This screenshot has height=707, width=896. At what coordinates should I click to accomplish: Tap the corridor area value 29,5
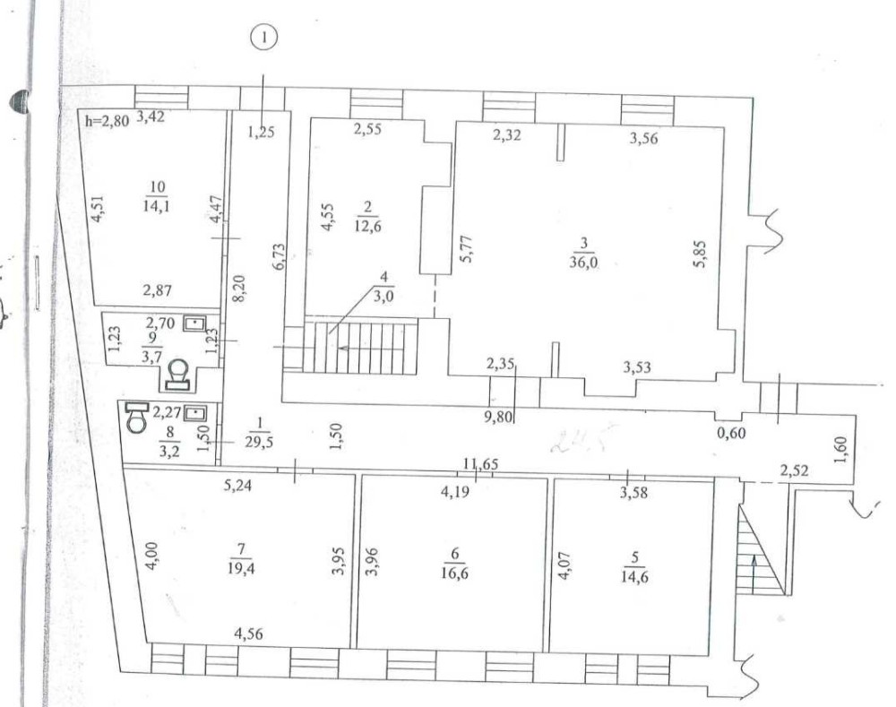[x=259, y=438]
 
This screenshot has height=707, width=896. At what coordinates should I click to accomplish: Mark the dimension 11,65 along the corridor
[x=479, y=464]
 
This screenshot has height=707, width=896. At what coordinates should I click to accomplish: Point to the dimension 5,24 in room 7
[x=237, y=488]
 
